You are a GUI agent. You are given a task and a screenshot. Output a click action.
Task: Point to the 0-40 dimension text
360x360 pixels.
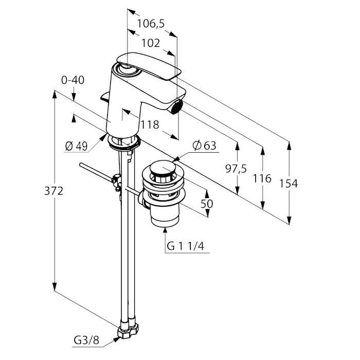pyautogui.click(x=73, y=80)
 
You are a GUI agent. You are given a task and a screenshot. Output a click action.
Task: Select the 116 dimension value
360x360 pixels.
pyautogui.click(x=263, y=178)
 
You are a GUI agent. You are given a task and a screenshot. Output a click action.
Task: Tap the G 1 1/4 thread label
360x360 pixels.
pyautogui.click(x=186, y=247)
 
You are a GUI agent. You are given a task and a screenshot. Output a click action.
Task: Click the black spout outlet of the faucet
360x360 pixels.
pyautogui.click(x=177, y=107)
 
